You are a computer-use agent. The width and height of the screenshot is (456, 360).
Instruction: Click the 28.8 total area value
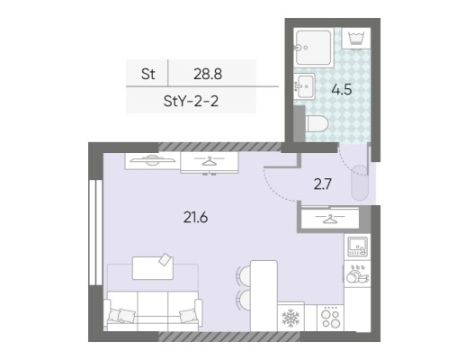tap(208, 74)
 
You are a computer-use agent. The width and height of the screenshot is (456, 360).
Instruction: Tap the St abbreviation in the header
tap(148, 74)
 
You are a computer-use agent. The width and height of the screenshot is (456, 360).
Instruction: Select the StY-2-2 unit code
tap(191, 101)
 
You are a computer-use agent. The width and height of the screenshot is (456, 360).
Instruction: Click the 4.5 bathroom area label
tap(342, 89)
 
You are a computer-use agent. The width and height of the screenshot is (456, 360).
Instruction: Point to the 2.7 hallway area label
tap(322, 184)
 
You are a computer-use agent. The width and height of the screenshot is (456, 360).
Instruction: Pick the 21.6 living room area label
tap(195, 218)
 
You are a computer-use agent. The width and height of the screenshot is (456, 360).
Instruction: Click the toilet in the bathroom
tap(317, 123)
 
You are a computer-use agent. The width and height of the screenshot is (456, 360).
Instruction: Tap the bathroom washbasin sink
tap(305, 86)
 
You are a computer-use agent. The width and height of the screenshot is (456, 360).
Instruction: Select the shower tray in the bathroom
tap(314, 48)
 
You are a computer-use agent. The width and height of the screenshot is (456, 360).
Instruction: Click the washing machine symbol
tap(356, 38)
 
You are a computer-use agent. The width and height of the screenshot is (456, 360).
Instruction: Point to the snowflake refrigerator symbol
tap(291, 318)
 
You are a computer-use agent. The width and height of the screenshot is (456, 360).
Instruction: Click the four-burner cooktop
tap(330, 318)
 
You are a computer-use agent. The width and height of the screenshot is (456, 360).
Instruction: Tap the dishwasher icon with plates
tap(357, 274)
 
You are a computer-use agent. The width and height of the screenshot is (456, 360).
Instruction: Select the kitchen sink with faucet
tap(357, 247)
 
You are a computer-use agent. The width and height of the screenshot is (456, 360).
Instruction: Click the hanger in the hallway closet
tap(330, 219)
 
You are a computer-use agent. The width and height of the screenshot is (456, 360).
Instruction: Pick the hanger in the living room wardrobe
tap(209, 161)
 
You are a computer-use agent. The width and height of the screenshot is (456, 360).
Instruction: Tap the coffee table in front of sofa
tap(153, 267)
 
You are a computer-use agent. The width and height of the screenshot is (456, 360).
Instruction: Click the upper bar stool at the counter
tap(244, 274)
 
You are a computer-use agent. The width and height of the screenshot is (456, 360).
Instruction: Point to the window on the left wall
tap(95, 232)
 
